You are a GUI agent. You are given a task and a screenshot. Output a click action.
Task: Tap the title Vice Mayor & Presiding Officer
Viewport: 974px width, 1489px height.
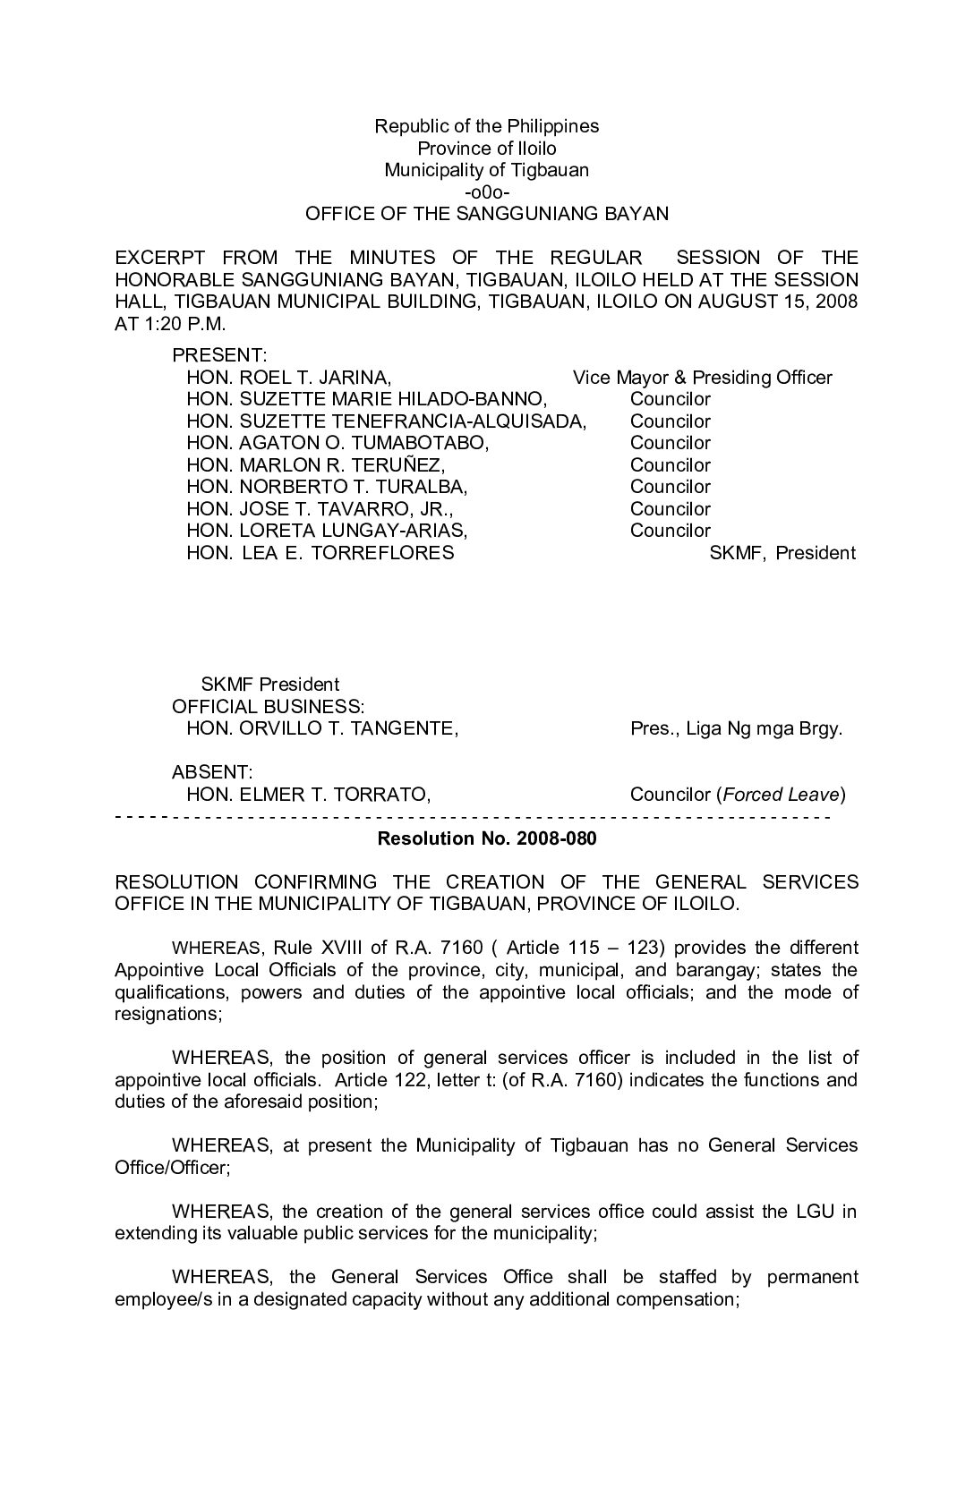tap(703, 378)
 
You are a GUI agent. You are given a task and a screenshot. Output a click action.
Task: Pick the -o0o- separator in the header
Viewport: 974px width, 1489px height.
tap(487, 191)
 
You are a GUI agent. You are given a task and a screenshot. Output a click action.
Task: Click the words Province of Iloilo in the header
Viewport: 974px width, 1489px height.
tap(487, 148)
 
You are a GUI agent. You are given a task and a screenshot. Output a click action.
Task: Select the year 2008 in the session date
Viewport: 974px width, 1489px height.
tap(835, 301)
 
